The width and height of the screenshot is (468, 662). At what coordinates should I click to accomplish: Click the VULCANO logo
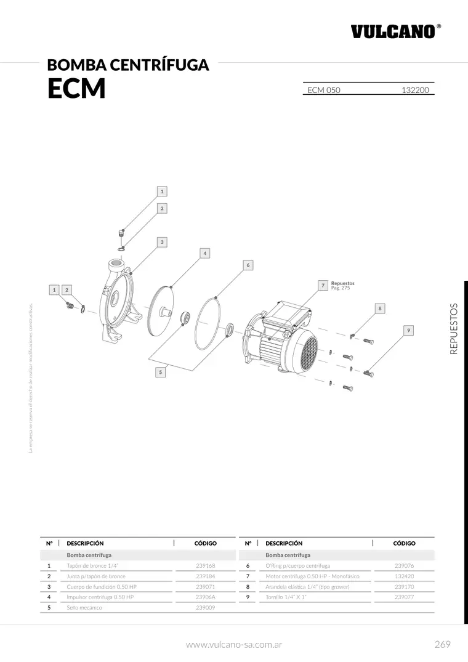click(x=396, y=31)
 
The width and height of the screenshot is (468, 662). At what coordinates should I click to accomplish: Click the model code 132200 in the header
click(x=415, y=90)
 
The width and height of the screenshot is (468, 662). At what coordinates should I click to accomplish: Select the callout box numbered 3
click(x=162, y=242)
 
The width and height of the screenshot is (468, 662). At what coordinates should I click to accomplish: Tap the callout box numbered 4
click(x=204, y=253)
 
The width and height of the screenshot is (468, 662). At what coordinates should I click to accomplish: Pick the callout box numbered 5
click(x=160, y=373)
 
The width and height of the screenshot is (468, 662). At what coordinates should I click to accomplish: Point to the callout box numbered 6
click(x=248, y=265)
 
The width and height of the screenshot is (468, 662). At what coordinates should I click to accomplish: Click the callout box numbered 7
click(x=323, y=285)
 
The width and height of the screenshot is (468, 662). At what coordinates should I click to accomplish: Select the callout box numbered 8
click(x=380, y=309)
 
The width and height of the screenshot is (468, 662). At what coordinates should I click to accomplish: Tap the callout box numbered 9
click(x=408, y=330)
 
